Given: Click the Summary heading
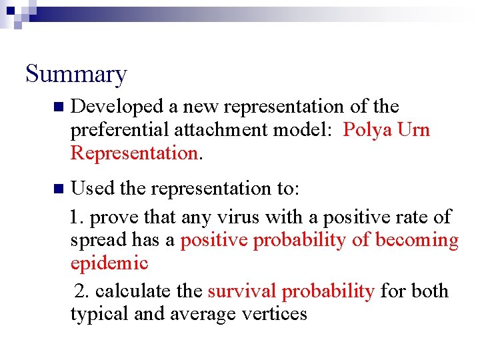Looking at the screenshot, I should (x=75, y=74).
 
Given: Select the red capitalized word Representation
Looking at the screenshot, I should (x=133, y=153).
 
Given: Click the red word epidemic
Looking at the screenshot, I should (x=109, y=263).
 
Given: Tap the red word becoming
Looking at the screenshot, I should (x=417, y=241).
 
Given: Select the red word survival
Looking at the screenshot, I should (x=241, y=291).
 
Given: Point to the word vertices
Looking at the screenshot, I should (x=273, y=314).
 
